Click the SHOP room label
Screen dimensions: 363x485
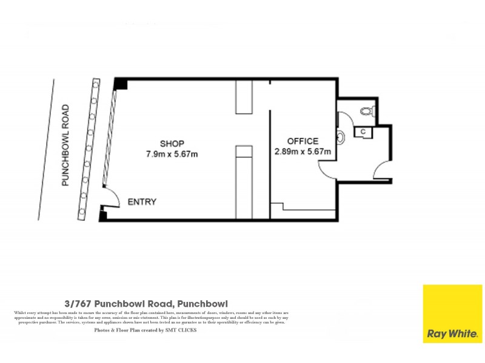click(172, 143)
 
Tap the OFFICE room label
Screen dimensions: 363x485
click(303, 141)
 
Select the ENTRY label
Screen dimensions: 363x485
click(142, 202)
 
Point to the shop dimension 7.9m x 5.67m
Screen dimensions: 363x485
click(172, 154)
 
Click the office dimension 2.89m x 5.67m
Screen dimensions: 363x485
click(303, 152)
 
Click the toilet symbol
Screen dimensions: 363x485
click(366, 111)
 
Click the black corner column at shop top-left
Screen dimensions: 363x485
click(121, 84)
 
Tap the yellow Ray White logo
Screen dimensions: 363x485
click(452, 313)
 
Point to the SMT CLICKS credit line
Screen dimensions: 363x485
click(145, 330)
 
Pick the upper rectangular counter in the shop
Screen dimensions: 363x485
click(244, 97)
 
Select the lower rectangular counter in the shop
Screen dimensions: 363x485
click(244, 181)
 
